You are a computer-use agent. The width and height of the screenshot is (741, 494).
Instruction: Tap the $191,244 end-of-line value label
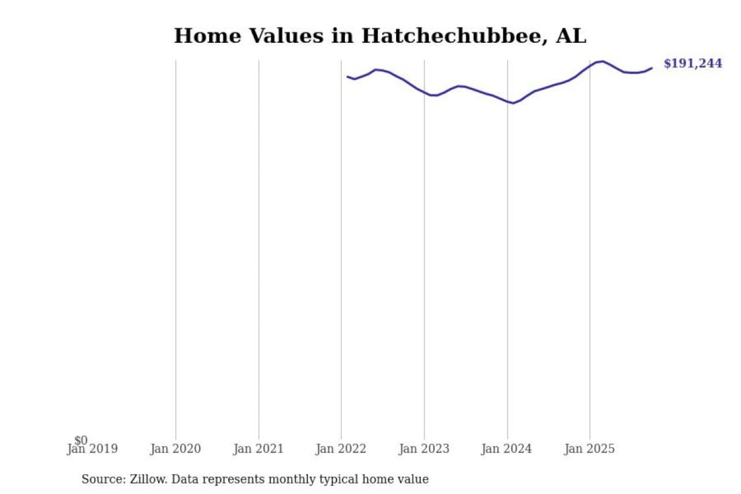click(693, 63)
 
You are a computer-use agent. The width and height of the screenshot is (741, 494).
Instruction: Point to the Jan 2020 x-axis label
click(175, 449)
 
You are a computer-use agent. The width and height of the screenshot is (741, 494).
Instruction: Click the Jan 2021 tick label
click(258, 449)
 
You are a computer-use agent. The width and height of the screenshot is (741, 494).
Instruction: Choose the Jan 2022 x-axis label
click(341, 449)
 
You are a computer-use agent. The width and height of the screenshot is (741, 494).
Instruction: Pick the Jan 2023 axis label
click(424, 449)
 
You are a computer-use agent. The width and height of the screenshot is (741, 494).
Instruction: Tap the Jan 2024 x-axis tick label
click(506, 449)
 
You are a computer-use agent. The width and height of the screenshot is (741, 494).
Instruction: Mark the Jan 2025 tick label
click(589, 449)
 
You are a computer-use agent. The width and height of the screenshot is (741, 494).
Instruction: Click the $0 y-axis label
click(81, 440)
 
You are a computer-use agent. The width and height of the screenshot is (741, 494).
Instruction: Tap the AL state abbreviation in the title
click(571, 36)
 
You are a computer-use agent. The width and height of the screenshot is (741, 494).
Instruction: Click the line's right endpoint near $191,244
click(652, 68)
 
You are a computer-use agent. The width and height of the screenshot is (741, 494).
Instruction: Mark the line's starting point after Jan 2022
click(347, 77)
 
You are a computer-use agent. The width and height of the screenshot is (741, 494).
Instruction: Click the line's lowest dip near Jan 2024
click(513, 103)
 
